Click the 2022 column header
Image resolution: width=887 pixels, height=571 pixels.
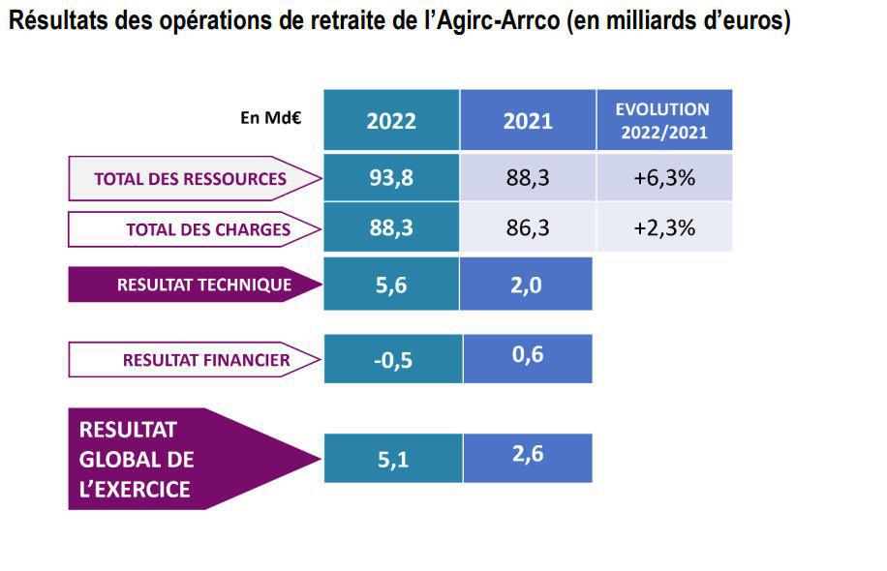point(391,120)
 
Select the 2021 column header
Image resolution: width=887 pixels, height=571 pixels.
point(528,120)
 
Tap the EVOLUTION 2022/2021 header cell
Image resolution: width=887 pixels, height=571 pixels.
point(663,120)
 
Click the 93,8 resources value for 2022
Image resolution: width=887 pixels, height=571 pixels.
point(391,178)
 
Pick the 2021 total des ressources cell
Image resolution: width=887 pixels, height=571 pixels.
point(528,178)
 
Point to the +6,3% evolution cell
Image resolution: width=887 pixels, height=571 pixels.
point(663,178)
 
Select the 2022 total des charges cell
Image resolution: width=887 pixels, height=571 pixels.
point(391,228)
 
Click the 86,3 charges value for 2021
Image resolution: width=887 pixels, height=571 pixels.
point(528,228)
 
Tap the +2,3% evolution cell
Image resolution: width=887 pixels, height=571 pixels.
point(663,228)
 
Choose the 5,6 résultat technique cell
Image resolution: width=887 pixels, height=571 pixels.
point(391,285)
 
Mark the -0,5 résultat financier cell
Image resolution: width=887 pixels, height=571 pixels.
point(392,360)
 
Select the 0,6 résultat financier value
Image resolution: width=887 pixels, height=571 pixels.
point(528,355)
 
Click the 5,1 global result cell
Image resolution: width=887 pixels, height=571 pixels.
point(392,460)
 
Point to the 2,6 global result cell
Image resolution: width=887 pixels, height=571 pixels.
point(528,456)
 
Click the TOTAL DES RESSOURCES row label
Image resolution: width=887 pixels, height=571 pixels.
point(191,178)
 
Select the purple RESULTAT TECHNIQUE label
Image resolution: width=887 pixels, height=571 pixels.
point(191,285)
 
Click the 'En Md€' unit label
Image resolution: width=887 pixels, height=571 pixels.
point(271,118)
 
